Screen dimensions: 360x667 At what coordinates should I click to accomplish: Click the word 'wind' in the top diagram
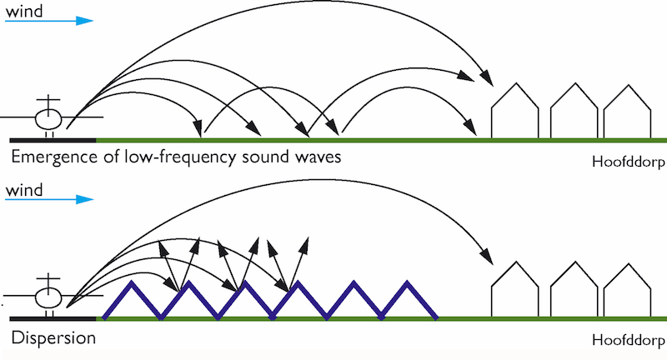[x=22, y=9]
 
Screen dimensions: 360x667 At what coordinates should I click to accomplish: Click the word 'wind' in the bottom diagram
[x=22, y=192]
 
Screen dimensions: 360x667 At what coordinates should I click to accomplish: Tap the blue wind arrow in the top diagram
[x=49, y=21]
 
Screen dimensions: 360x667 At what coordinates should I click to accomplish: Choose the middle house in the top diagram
[x=574, y=112]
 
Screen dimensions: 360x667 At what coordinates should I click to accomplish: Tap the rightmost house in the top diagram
[x=627, y=112]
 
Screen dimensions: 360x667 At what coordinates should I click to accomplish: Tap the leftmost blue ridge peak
[x=130, y=284]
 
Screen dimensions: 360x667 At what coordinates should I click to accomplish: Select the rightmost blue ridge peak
[x=409, y=284]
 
